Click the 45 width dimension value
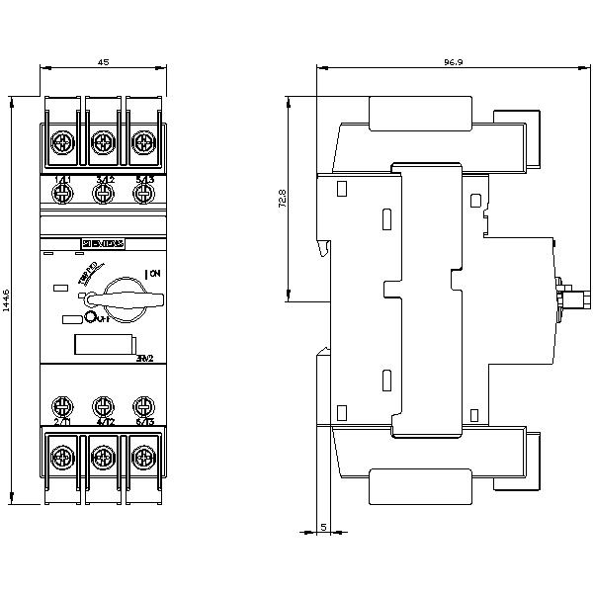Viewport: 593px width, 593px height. point(103,61)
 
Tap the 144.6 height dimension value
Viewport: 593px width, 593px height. point(8,300)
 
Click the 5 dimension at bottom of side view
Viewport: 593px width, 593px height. point(324,527)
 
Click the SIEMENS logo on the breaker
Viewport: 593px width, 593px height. point(102,243)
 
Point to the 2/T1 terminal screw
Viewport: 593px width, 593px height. point(61,406)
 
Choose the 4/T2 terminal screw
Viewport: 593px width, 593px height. point(102,406)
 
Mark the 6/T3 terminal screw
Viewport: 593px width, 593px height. point(142,406)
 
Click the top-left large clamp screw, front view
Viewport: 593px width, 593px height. point(61,143)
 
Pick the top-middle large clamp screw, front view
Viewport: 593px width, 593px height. point(102,143)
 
